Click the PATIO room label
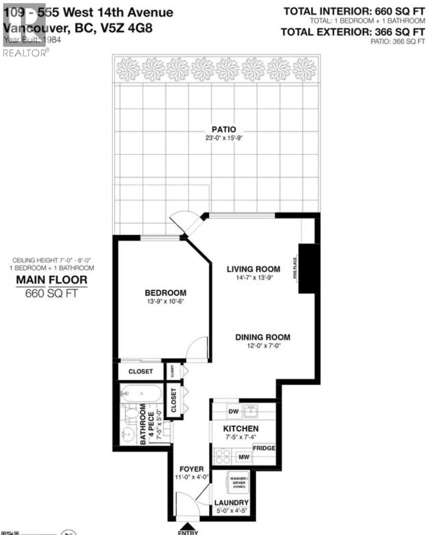[x=224, y=129]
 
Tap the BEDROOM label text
[x=166, y=293]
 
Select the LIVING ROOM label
[x=253, y=269]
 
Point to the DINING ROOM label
[x=262, y=338]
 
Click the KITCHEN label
[x=241, y=429]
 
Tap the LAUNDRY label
[x=231, y=503]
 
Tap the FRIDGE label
[x=264, y=448]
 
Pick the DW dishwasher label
[x=233, y=411]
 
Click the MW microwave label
[x=244, y=457]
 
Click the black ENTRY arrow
[x=187, y=526]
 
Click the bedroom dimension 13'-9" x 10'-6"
[x=166, y=301]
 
